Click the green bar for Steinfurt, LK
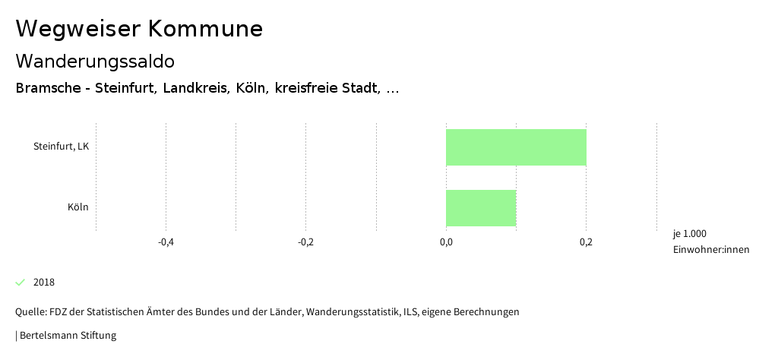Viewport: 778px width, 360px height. tap(516, 147)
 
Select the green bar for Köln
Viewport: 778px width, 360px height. tap(481, 208)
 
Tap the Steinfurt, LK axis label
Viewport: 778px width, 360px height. tap(61, 147)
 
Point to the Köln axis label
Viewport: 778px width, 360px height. tap(77, 207)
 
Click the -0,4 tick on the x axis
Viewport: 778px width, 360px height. tap(166, 242)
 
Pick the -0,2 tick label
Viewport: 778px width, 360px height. tap(305, 242)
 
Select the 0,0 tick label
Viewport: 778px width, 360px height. tap(446, 242)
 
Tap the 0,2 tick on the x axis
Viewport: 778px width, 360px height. tap(586, 242)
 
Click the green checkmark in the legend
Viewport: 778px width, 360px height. tap(21, 283)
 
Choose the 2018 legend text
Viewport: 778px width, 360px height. tap(44, 283)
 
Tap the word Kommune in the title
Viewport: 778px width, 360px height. tap(205, 29)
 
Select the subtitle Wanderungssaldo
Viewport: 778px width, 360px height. tap(95, 62)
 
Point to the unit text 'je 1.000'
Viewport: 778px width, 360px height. tap(690, 233)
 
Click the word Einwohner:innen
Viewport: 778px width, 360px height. tap(711, 250)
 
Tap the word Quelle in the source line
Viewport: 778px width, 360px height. tap(30, 312)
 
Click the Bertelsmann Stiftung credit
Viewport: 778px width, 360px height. tap(68, 335)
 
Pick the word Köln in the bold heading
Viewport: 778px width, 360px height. tap(251, 88)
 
